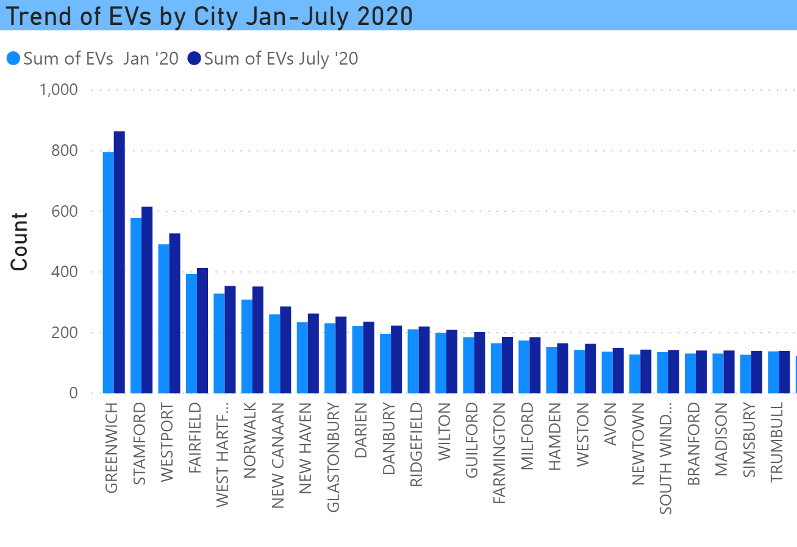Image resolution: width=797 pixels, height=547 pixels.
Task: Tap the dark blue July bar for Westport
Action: pos(174,313)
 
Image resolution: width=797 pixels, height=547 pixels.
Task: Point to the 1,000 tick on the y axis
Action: pos(59,90)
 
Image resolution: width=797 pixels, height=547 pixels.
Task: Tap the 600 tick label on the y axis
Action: pos(65,211)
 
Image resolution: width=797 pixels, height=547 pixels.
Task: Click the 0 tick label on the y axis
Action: pos(73,393)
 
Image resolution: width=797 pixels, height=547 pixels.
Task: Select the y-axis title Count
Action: pos(20,241)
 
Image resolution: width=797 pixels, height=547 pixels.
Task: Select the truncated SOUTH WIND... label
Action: pos(667,457)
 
